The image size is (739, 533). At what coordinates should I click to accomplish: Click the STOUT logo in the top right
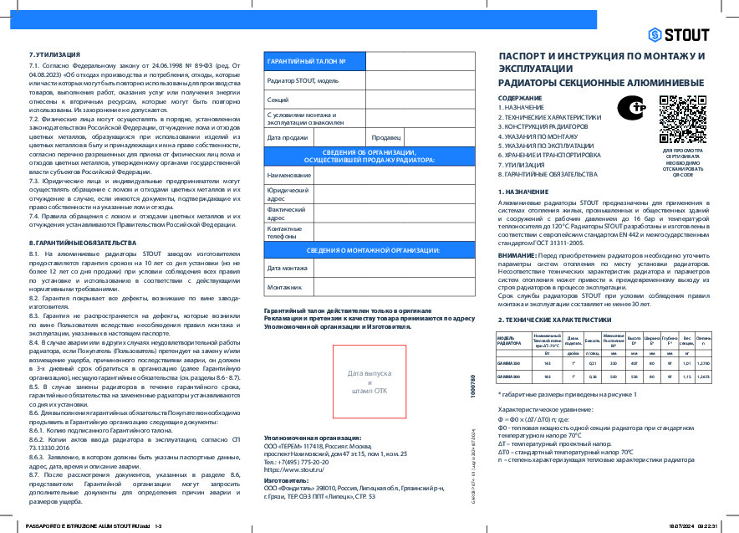[x=678, y=34]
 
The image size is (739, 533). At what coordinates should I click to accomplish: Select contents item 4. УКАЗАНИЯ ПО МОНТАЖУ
[x=538, y=136]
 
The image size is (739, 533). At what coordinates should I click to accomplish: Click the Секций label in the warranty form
[x=278, y=100]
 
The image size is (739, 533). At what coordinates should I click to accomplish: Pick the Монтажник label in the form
[x=283, y=287]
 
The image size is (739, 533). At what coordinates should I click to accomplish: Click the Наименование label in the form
[x=288, y=176]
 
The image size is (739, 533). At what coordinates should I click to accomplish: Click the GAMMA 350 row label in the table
[x=508, y=362]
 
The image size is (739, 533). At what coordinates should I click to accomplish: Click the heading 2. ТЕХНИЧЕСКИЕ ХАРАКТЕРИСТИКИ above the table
[x=550, y=320]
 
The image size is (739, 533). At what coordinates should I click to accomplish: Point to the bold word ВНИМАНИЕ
[x=517, y=254]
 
